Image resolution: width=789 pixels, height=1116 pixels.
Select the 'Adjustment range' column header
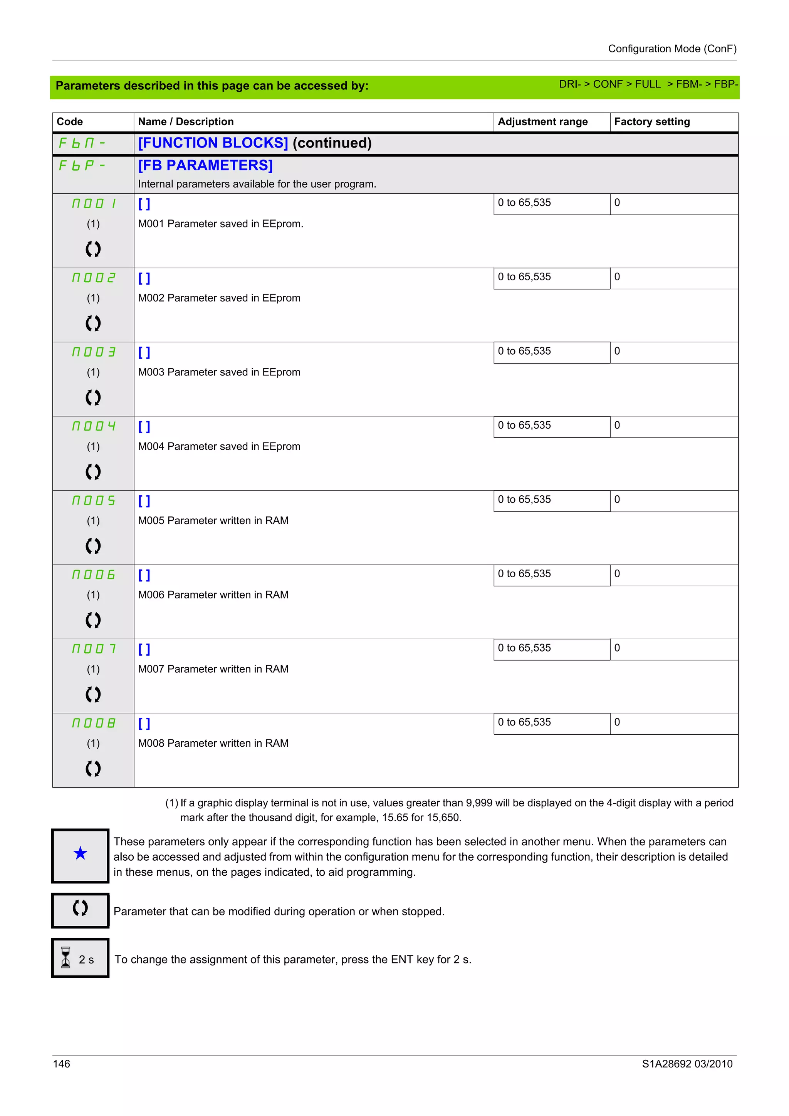tap(542, 122)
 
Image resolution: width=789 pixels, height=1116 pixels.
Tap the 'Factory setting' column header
tap(651, 122)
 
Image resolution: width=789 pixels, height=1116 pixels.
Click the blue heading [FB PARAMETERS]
tap(205, 165)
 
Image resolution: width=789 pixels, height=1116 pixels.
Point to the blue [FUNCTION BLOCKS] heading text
tap(213, 143)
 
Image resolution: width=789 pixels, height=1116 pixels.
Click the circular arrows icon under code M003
tap(93, 397)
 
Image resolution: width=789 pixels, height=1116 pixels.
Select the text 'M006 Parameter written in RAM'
tap(213, 595)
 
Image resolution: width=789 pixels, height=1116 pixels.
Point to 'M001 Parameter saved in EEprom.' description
tap(220, 224)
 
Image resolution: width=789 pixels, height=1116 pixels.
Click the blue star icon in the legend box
tap(80, 853)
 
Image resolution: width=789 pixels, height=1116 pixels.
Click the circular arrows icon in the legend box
tap(80, 908)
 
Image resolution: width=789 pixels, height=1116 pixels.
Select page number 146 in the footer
tap(61, 1064)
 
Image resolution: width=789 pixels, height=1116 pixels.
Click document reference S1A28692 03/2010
tap(687, 1064)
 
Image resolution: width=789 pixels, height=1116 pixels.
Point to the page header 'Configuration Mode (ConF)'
tap(672, 49)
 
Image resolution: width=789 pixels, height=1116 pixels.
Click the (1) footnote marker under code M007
tap(93, 669)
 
